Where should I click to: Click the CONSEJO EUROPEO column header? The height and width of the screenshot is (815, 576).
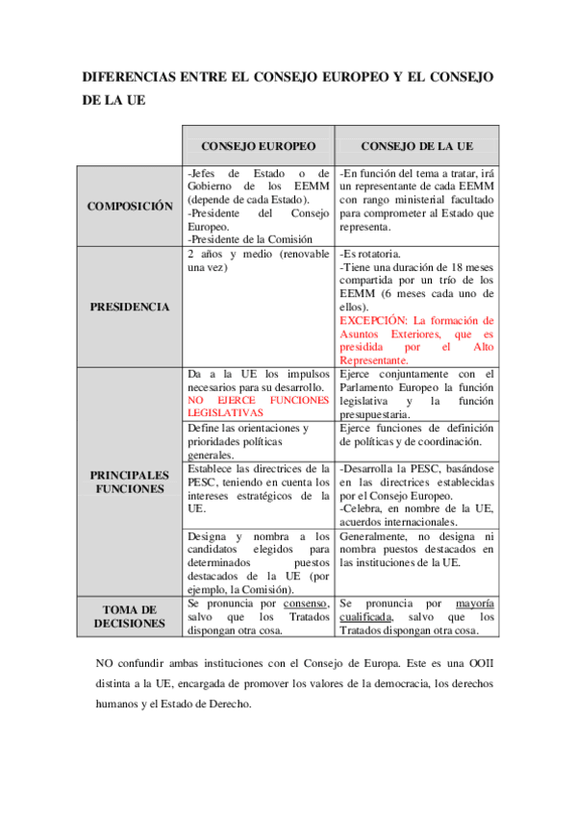coord(258,146)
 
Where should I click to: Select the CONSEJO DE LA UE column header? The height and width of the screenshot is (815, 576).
coord(416,146)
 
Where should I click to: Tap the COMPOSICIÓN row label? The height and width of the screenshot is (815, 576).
coord(130,207)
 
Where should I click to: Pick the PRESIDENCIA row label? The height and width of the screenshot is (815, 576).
coord(130,307)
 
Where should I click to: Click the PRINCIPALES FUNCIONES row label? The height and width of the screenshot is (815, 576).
coord(130,482)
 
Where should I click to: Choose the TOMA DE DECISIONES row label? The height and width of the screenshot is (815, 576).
coord(130,616)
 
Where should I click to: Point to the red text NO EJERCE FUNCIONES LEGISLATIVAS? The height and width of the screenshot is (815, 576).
coord(258,405)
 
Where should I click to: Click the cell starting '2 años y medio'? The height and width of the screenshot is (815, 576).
coord(258,260)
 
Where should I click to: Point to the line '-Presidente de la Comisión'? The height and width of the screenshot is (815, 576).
coord(251,238)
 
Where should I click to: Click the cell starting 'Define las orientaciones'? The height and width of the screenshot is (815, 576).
coord(250,441)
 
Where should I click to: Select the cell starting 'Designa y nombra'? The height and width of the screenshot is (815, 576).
coord(258,561)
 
